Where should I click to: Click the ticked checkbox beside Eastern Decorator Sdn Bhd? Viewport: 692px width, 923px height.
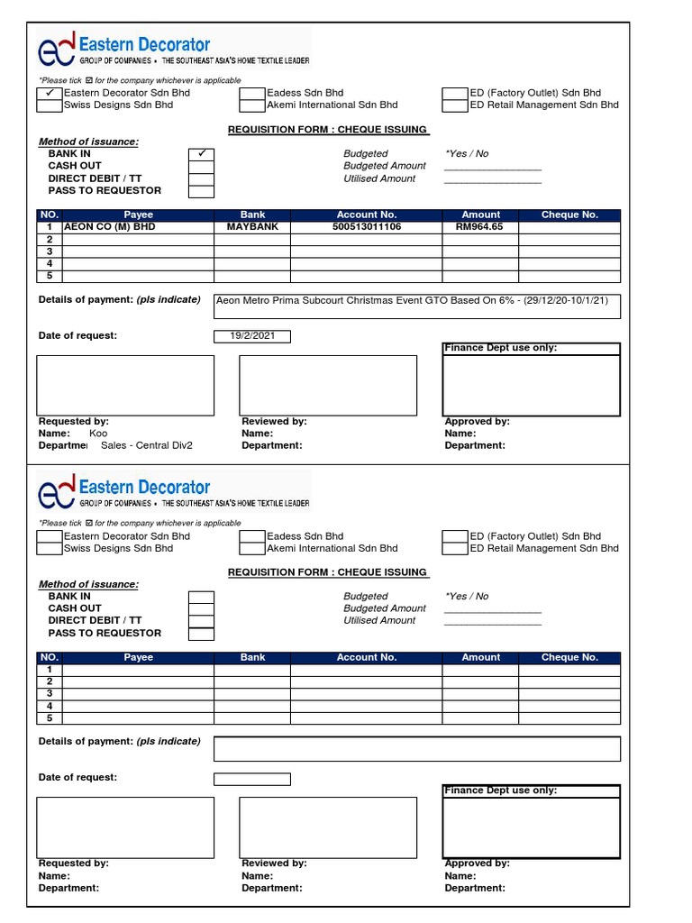50,93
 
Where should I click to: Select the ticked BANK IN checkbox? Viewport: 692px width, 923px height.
201,154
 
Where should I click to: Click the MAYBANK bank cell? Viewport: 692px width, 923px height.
252,227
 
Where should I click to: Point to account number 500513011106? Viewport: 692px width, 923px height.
367,227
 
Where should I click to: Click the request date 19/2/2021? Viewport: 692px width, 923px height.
251,337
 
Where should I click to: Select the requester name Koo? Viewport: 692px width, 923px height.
98,434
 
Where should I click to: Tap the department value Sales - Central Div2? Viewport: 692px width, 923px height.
146,445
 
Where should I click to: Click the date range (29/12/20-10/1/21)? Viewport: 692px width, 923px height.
569,300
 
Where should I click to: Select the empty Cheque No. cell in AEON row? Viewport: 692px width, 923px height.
569,227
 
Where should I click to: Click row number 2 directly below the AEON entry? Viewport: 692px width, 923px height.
50,240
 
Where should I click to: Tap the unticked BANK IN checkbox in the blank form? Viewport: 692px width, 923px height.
201,597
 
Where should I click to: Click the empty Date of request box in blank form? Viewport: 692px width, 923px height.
251,779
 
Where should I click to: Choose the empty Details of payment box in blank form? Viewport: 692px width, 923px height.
416,748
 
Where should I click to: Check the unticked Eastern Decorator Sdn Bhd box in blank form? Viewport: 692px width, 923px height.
50,536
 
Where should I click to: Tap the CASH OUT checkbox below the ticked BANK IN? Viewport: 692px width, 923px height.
201,166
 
